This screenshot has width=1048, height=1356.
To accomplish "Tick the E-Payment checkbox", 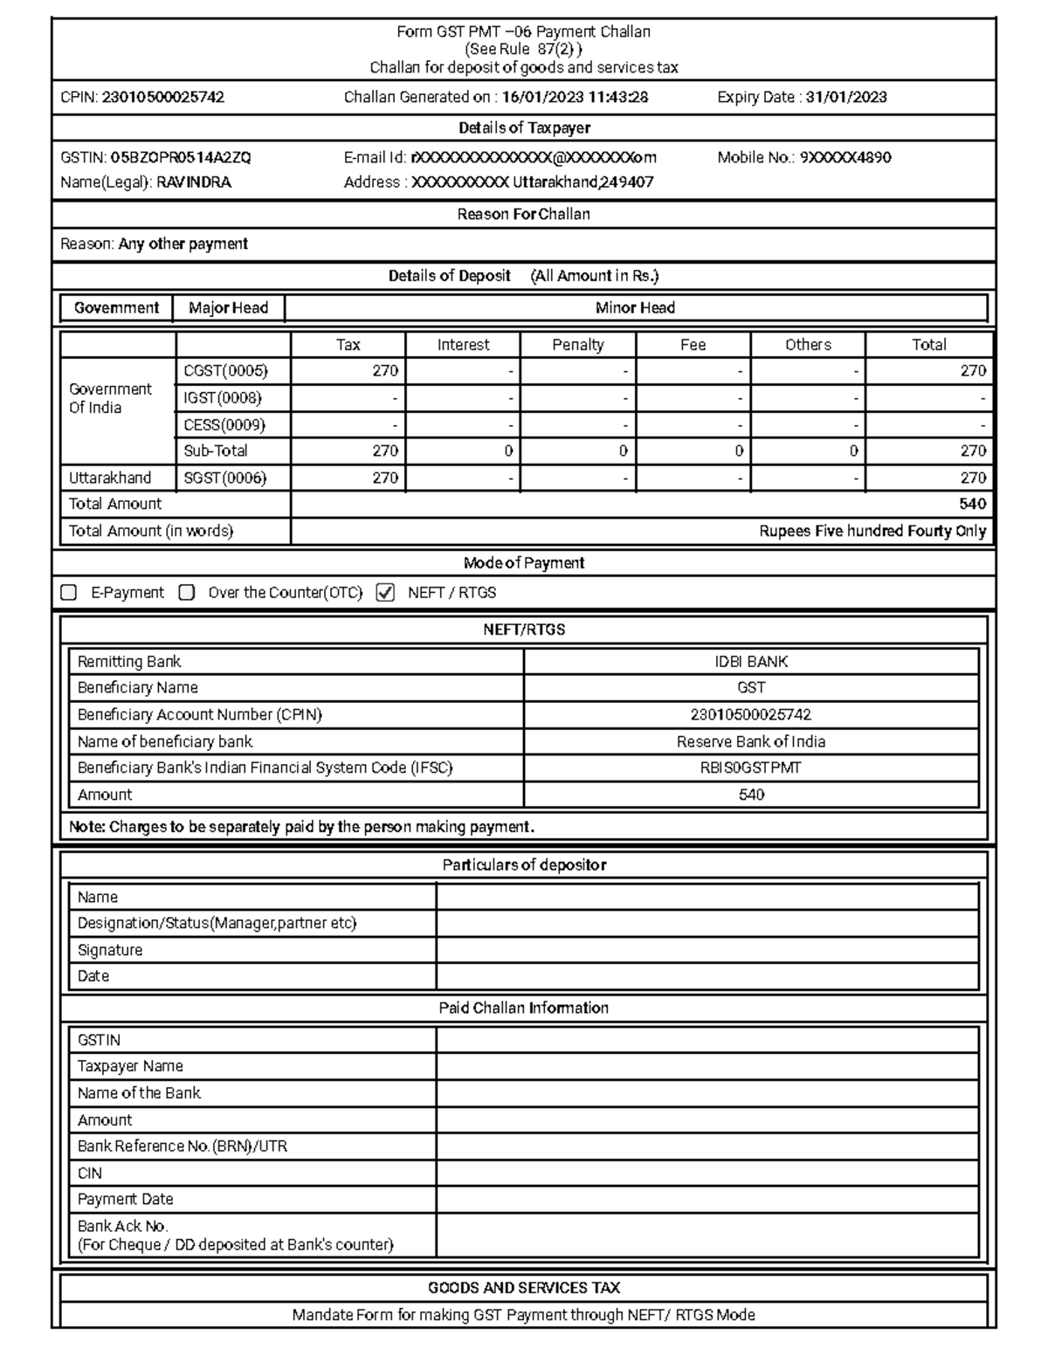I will [x=68, y=593].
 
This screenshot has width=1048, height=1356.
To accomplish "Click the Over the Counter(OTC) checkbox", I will [x=186, y=593].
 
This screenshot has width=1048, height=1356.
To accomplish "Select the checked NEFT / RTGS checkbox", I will [x=385, y=593].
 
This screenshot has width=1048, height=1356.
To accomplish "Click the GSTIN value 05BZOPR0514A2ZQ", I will [x=181, y=158].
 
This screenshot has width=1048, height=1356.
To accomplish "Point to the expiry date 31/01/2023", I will [x=845, y=98].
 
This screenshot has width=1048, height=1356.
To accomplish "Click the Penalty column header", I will [x=577, y=345].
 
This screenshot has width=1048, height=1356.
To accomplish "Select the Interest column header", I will [x=463, y=345].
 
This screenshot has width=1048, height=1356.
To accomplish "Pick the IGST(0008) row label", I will [x=223, y=398].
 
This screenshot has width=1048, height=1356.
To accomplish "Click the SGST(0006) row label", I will [x=224, y=478].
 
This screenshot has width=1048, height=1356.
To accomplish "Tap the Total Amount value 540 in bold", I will [x=972, y=504].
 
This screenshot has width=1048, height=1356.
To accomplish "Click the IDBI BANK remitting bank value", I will [x=751, y=662].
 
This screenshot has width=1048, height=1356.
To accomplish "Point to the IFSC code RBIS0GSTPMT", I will [x=751, y=768].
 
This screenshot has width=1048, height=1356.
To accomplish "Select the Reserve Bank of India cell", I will [x=751, y=742].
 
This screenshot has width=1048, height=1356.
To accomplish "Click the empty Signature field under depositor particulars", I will [x=707, y=950].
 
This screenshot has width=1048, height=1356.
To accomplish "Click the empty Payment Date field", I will [x=707, y=1200].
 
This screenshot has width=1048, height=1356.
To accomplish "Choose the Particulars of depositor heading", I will [x=524, y=865].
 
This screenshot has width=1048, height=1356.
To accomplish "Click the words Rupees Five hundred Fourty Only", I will [x=872, y=531].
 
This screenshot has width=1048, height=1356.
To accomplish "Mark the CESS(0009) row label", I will [x=224, y=425].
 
